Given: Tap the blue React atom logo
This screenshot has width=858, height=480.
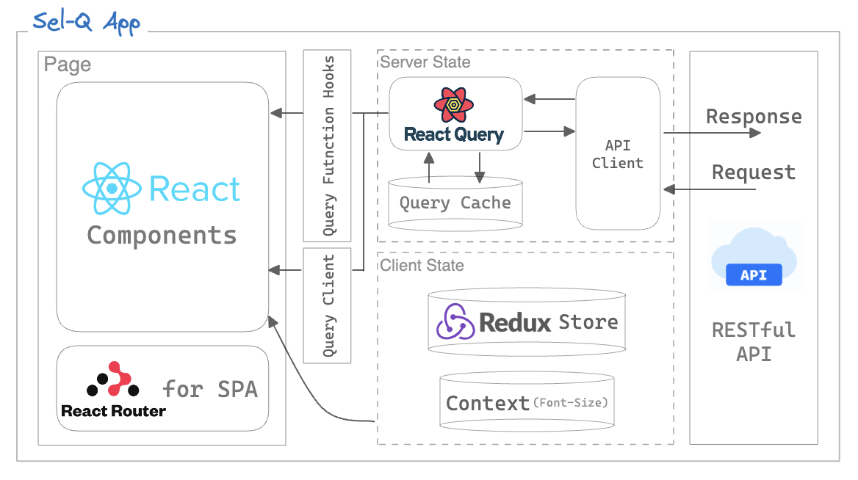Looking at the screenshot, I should [x=112, y=189].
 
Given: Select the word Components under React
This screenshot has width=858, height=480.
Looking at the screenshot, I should [x=162, y=236].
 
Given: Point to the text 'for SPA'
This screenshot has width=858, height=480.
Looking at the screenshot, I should [x=210, y=388].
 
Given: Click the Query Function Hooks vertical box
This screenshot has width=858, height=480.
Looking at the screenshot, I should [x=328, y=145].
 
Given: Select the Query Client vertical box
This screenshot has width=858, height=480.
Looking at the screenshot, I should [x=328, y=305].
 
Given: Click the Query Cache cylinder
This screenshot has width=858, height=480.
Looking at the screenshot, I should [x=455, y=203].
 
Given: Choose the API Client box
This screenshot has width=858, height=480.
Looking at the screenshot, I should [x=618, y=153].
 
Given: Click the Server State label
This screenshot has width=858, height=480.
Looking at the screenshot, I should [x=425, y=62].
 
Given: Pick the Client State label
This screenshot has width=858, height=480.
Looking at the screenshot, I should [x=422, y=265].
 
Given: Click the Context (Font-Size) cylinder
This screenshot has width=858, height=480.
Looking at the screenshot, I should [x=527, y=402].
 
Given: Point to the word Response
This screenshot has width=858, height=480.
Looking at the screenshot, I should [x=754, y=117].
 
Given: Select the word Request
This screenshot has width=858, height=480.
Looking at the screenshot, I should [x=754, y=172].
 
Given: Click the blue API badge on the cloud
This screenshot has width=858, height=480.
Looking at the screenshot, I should [x=754, y=275].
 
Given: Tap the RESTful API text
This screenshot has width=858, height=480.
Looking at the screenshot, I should [x=754, y=341].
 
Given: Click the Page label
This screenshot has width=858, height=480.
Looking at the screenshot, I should [x=68, y=65].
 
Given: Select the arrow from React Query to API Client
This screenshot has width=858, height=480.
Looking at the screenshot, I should [x=549, y=131].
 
